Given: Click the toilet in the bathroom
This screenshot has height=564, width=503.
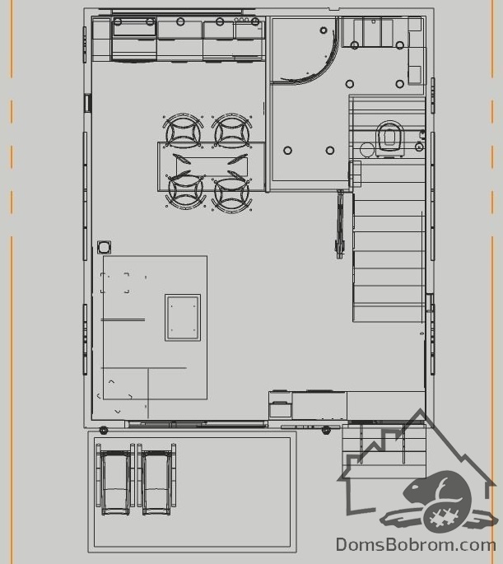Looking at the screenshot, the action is [390, 138].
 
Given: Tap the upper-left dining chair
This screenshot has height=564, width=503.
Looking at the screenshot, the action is [183, 131].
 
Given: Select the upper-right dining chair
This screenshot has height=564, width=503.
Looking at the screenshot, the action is [231, 131].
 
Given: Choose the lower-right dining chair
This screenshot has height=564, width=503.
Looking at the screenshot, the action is [231, 193].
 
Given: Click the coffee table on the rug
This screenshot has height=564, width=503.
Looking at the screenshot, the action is [183, 318].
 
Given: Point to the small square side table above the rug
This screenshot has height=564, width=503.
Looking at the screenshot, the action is [105, 247].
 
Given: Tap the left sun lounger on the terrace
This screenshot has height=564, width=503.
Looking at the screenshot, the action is [115, 478].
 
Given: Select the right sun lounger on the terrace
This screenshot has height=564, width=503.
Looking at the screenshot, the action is [156, 478].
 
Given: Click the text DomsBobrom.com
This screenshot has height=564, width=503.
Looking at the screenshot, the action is [416, 545].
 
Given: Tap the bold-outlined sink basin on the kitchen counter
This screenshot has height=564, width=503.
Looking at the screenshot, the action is [134, 27].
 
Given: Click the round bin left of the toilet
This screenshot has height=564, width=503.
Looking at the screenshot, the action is [367, 150].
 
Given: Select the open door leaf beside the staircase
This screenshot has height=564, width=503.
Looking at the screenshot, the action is [340, 224].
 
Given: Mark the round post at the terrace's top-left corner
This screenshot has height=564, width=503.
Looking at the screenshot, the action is [104, 430].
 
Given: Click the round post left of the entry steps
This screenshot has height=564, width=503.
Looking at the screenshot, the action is [326, 430].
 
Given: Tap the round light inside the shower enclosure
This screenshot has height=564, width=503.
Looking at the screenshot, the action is [324, 30].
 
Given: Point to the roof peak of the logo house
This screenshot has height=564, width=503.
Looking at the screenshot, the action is [420, 410].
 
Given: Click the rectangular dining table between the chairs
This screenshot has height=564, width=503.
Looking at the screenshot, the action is [212, 166].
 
